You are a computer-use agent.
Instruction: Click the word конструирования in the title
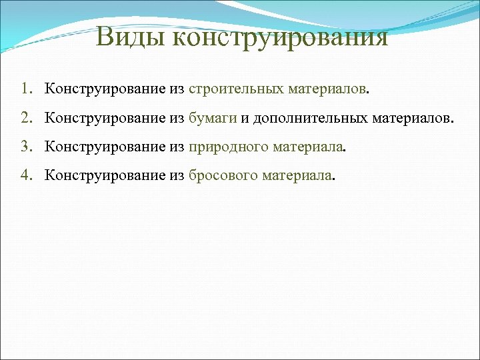click(x=279, y=38)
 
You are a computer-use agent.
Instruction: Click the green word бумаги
click(x=213, y=119)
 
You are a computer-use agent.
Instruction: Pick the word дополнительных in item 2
click(x=307, y=118)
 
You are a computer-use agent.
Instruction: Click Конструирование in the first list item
click(x=105, y=89)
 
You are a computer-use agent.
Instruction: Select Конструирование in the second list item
click(x=105, y=118)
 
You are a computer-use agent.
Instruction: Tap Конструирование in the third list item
click(x=105, y=147)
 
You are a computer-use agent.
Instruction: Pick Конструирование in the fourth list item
click(x=105, y=175)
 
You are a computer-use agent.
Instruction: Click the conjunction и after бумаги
click(x=245, y=119)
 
